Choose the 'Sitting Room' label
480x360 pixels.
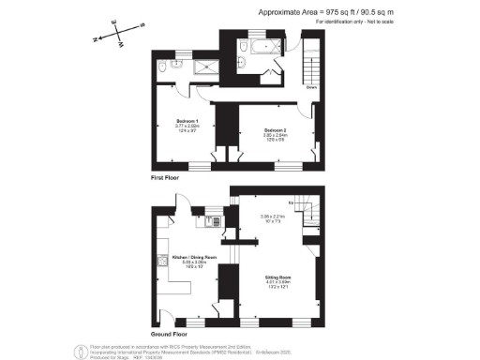(x=276, y=279)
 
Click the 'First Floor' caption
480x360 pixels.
(x=167, y=176)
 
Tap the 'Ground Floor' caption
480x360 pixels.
(x=171, y=333)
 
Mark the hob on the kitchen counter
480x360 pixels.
(x=201, y=222)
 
